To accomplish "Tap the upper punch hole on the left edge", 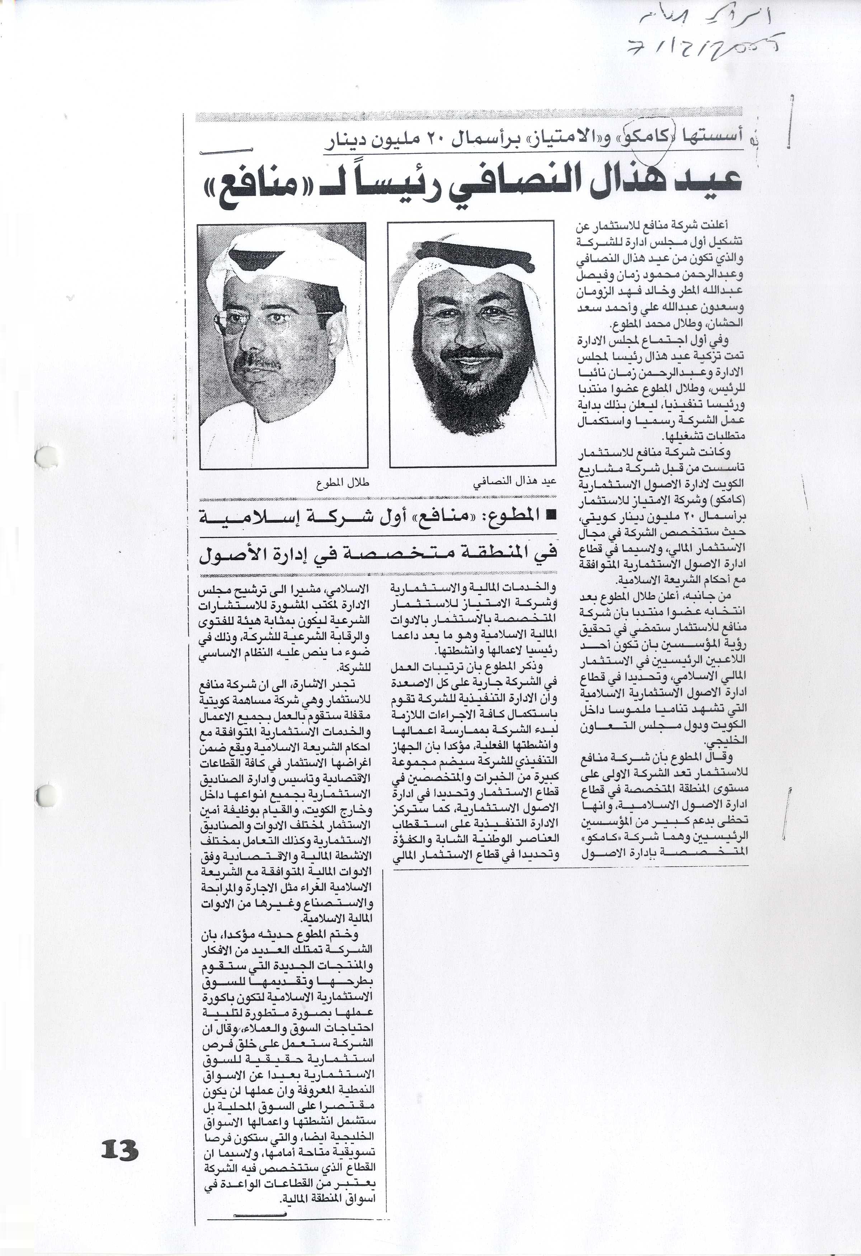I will point(47,458).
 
